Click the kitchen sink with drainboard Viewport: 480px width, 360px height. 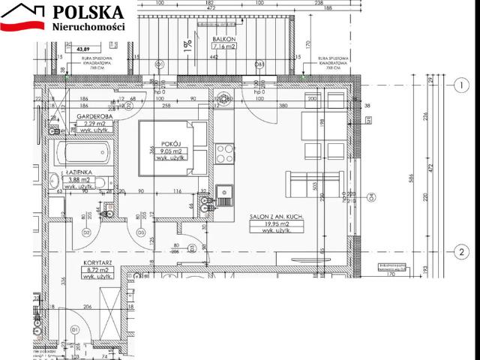224,196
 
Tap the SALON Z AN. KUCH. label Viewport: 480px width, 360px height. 276,217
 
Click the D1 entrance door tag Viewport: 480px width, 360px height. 75,329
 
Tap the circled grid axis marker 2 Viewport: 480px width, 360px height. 462,251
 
